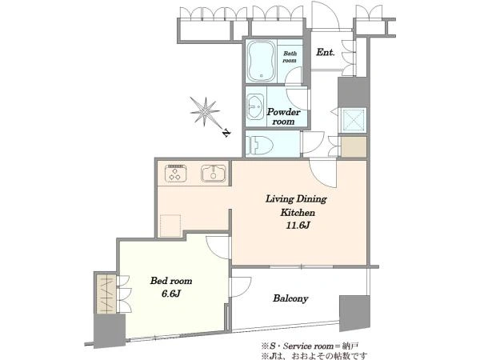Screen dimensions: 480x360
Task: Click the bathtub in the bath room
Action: pyautogui.click(x=261, y=61)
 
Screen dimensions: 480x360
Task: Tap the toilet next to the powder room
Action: pyautogui.click(x=262, y=145)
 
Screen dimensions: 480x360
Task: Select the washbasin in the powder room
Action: pyautogui.click(x=256, y=106)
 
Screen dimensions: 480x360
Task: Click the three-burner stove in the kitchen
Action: pyautogui.click(x=175, y=174)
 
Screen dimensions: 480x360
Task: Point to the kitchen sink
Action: pyautogui.click(x=214, y=174)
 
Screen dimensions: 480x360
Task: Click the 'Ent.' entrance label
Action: pyautogui.click(x=325, y=52)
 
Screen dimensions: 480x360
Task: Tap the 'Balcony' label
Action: pyautogui.click(x=290, y=298)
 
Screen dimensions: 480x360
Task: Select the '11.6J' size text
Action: pyautogui.click(x=298, y=226)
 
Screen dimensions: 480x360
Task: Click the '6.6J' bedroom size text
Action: pyautogui.click(x=171, y=294)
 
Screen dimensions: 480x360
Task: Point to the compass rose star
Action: pyautogui.click(x=205, y=111)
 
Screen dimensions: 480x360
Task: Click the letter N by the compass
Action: pyautogui.click(x=226, y=133)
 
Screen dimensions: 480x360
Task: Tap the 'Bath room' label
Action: pyautogui.click(x=290, y=57)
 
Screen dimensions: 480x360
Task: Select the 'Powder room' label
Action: pyautogui.click(x=283, y=117)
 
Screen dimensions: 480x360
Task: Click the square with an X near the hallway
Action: pyautogui.click(x=354, y=120)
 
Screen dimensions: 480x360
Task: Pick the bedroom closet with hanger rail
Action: pyautogui.click(x=106, y=294)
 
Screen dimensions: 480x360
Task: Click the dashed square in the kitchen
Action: pyautogui.click(x=170, y=226)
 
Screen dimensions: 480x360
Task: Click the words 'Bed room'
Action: pyautogui.click(x=171, y=281)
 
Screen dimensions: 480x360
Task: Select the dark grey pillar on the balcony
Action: pyautogui.click(x=354, y=313)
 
